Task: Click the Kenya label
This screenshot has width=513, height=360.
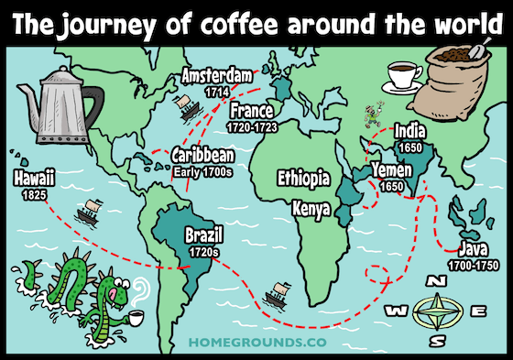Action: [311, 208]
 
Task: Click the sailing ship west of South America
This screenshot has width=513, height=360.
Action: [89, 211]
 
